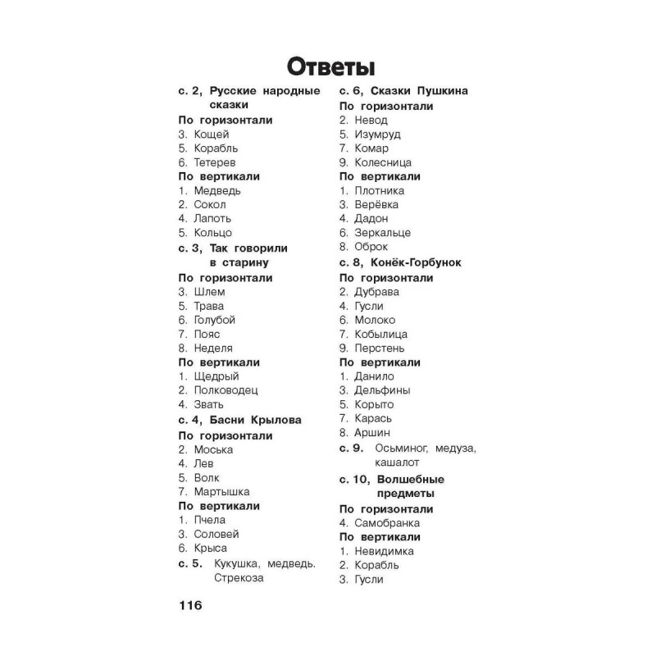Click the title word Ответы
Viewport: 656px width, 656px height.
(327, 65)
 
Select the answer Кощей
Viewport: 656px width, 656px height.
(212, 134)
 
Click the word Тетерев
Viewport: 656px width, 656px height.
(215, 162)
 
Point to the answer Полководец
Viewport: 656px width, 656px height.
(225, 390)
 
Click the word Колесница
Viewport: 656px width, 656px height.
(383, 162)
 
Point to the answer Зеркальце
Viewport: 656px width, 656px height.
(383, 233)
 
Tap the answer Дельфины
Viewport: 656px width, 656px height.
(382, 390)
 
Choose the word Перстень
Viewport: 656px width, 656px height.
(381, 348)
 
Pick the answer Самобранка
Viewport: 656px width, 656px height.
(387, 522)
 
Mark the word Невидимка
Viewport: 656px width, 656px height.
(385, 551)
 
